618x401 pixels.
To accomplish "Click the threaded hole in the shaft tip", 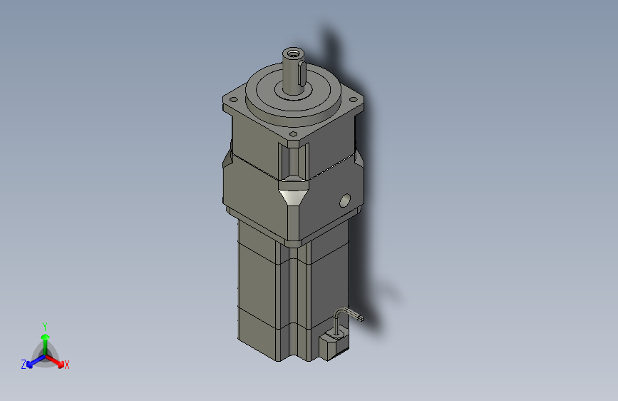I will point(293,54).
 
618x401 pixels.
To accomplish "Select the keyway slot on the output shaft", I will point(303,71).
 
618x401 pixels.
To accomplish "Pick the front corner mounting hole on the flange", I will point(293,134).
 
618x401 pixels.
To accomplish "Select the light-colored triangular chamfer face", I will point(293,196).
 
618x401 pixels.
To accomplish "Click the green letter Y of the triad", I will point(44,325).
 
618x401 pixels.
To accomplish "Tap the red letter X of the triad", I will point(67,365).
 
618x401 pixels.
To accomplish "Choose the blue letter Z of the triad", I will point(24,365).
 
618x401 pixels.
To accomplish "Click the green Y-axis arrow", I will point(44,339).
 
